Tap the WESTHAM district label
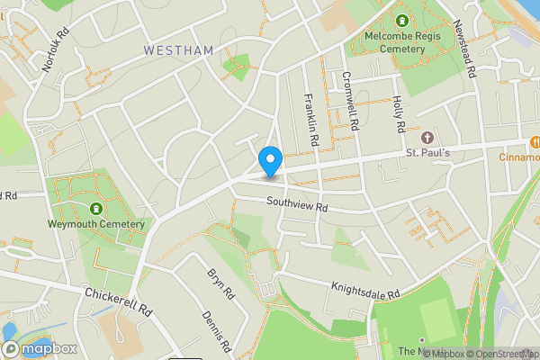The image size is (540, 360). point(178,51)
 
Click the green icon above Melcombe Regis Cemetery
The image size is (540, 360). point(400,21)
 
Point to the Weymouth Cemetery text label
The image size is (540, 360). point(97,224)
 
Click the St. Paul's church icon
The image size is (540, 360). point(427,139)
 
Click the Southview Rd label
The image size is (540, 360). point(297,206)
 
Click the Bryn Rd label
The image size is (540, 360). point(220,283)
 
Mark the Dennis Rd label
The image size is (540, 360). point(219,329)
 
